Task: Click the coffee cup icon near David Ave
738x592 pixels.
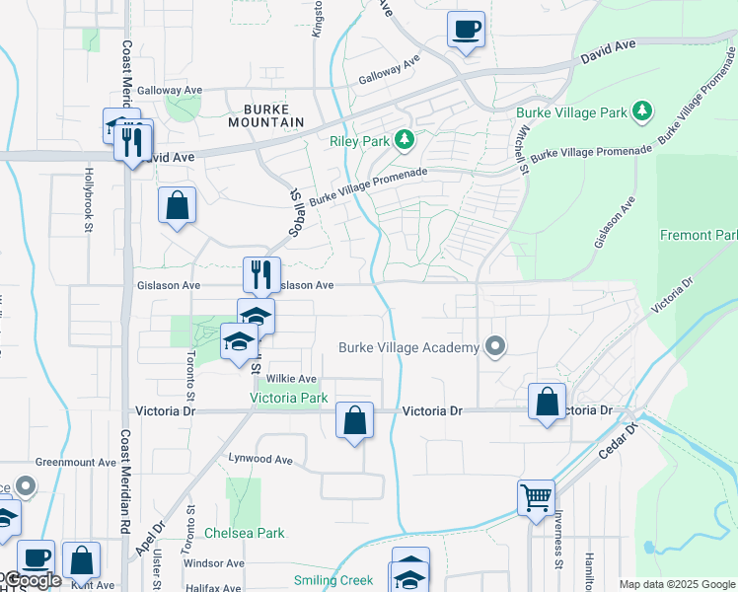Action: (x=466, y=30)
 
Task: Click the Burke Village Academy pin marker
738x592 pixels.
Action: (x=495, y=346)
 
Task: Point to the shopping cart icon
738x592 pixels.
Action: (x=537, y=498)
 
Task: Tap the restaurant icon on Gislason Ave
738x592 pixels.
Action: (x=261, y=275)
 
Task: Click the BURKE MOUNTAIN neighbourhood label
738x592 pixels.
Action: (x=266, y=114)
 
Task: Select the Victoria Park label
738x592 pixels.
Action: (x=288, y=399)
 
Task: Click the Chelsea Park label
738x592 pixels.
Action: (x=245, y=533)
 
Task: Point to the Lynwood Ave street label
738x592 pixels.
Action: (x=261, y=459)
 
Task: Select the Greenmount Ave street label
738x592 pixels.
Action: (x=76, y=462)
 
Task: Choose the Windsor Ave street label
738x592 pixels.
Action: (x=214, y=563)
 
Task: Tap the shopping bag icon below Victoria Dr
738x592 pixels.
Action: (x=355, y=420)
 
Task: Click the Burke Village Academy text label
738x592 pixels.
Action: (x=408, y=347)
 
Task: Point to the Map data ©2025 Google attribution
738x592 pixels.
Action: (x=677, y=584)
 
